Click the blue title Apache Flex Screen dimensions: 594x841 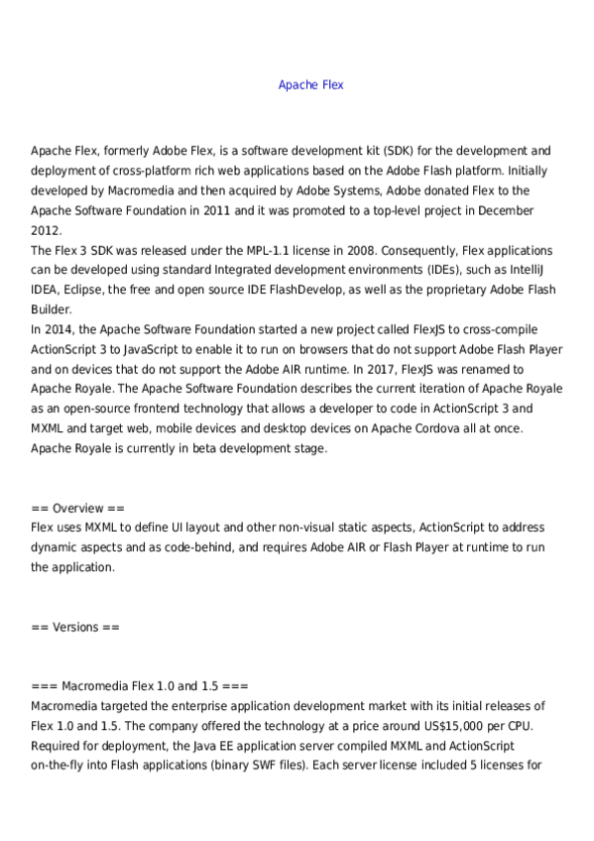tap(311, 85)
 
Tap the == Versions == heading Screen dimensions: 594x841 tap(75, 627)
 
